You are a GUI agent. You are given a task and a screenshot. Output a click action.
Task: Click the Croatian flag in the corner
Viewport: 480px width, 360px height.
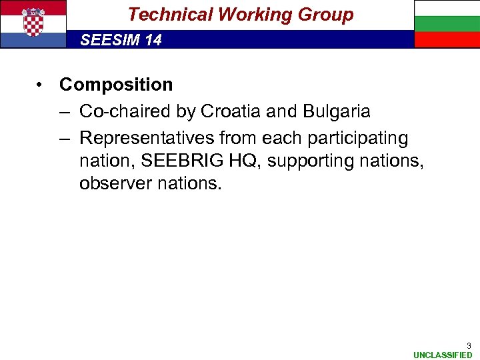[x=33, y=24]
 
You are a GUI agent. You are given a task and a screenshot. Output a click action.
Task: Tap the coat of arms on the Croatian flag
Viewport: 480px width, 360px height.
[x=33, y=23]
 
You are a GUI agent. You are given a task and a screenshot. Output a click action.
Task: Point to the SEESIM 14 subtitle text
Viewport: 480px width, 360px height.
[x=121, y=40]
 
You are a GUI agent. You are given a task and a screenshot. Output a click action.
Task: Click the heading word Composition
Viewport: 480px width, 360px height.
[x=116, y=85]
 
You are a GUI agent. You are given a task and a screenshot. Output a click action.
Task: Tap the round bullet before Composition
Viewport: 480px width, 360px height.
[x=41, y=85]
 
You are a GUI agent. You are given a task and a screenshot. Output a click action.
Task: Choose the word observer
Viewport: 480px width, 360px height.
[x=109, y=183]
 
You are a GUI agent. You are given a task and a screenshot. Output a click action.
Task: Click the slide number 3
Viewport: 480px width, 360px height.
[x=469, y=345]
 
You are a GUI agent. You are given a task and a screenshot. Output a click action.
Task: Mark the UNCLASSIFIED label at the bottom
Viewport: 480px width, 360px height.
[x=443, y=355]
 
